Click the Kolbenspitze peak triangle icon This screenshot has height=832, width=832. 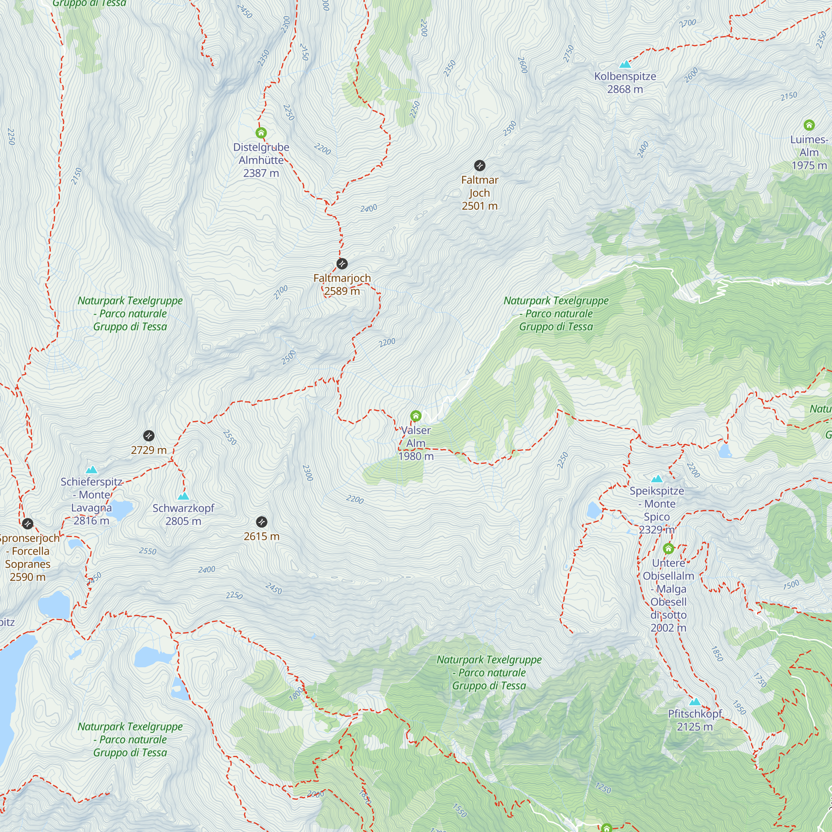[x=625, y=64]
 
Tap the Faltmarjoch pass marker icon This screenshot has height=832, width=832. [x=342, y=264]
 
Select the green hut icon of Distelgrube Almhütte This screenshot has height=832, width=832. [x=261, y=133]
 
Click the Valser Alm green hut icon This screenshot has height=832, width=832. [x=416, y=416]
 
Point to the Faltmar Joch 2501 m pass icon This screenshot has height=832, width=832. [x=480, y=166]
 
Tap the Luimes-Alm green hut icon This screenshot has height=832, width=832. [x=809, y=125]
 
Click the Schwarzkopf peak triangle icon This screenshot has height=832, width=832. [x=183, y=496]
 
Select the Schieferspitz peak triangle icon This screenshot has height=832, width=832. [x=91, y=470]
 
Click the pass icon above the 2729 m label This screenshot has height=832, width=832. [x=149, y=436]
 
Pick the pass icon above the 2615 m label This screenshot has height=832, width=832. [x=261, y=522]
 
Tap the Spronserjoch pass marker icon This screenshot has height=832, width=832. [x=27, y=524]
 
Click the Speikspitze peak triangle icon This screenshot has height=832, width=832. [x=657, y=479]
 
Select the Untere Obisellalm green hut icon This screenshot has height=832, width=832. [x=669, y=549]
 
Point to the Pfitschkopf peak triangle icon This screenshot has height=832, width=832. [x=695, y=701]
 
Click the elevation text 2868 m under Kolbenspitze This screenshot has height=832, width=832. [x=625, y=89]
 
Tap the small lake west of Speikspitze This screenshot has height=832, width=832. [x=594, y=511]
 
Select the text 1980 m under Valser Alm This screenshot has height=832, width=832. [x=416, y=456]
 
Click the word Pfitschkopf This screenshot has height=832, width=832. [x=695, y=713]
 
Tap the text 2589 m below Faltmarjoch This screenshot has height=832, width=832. [x=342, y=291]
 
